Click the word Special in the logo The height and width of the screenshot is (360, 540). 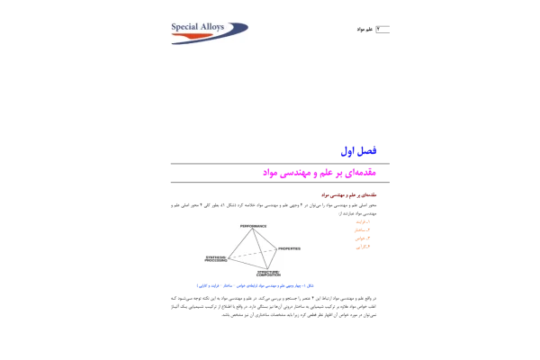[x=186, y=27]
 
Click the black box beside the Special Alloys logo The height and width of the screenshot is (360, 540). [x=373, y=29]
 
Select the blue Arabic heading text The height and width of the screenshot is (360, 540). [x=359, y=151]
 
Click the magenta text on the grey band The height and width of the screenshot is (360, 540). [x=319, y=173]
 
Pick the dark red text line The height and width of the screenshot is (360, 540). [x=348, y=194]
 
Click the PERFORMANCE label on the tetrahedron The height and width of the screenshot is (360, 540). [x=253, y=226]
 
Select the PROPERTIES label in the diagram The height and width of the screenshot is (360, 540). [x=289, y=248]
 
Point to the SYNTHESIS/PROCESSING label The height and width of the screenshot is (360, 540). [x=216, y=258]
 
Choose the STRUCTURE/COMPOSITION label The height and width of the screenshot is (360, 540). [x=268, y=273]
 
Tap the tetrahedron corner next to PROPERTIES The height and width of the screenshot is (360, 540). [x=275, y=248]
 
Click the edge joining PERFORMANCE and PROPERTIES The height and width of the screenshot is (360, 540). [x=265, y=239]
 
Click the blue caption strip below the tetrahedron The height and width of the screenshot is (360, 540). [x=255, y=285]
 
